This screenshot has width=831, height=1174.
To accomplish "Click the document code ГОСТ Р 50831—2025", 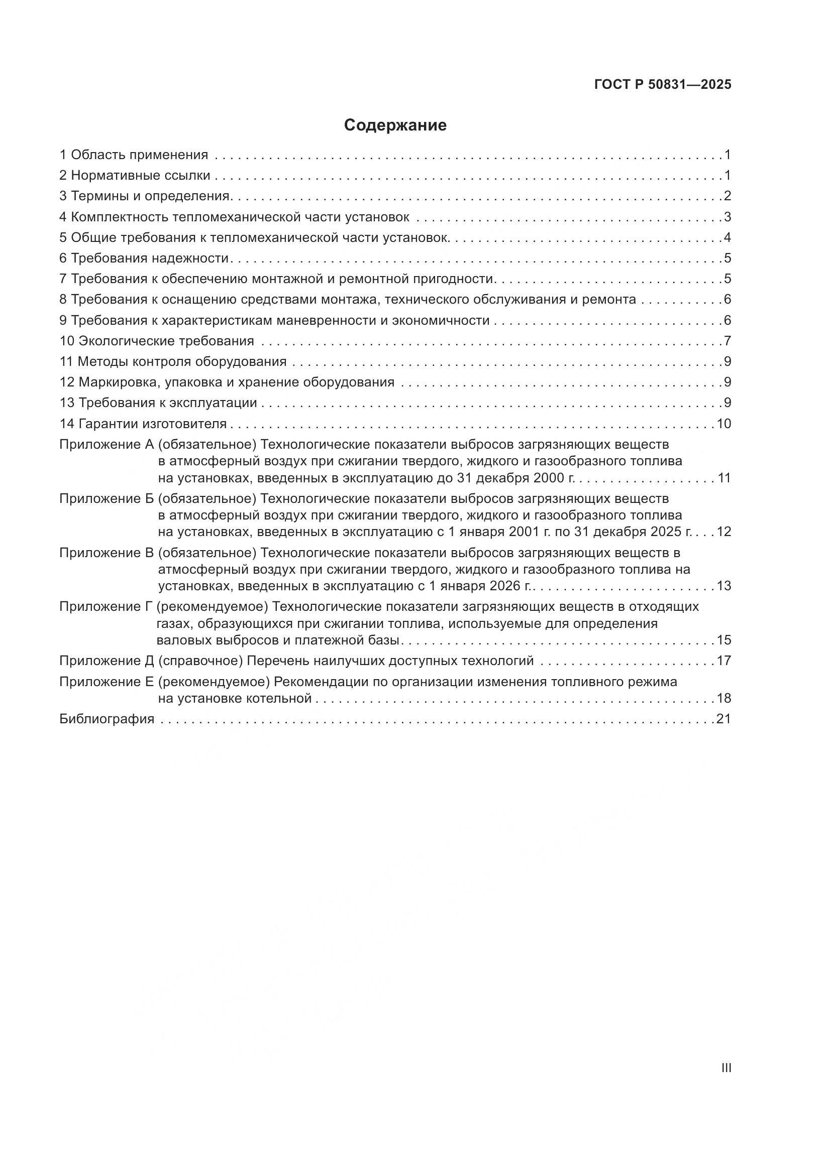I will [x=663, y=85].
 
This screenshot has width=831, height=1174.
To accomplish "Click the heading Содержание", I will [x=395, y=125].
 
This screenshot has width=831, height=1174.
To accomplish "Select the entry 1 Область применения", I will [x=134, y=155].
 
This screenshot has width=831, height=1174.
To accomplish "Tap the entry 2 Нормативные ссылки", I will [x=135, y=175].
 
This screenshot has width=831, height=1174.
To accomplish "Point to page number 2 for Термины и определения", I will [x=727, y=196].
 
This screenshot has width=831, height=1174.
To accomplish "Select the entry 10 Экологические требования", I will [x=157, y=341].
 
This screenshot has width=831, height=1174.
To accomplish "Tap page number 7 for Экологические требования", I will [x=727, y=341].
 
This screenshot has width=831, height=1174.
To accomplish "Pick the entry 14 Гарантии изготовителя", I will [x=143, y=424].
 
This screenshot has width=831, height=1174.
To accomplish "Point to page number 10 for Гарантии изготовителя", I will [x=723, y=424].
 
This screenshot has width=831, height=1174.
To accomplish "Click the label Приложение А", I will [x=107, y=444].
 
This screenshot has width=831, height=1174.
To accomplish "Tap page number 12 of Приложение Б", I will [x=723, y=532].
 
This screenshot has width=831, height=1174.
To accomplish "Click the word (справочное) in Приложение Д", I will [x=200, y=661].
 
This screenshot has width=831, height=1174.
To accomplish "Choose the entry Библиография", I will [x=107, y=719].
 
